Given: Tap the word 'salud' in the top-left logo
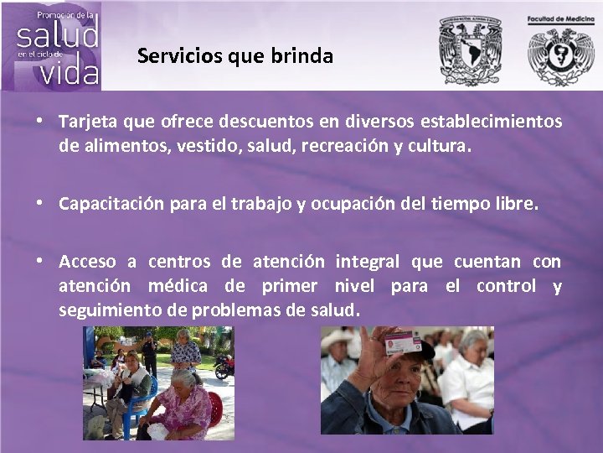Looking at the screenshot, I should coord(58,34).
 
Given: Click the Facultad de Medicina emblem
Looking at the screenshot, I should coord(560,55).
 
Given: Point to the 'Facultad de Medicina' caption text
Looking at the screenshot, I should coord(560,18).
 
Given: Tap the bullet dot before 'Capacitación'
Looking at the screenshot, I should coord(40,203).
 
